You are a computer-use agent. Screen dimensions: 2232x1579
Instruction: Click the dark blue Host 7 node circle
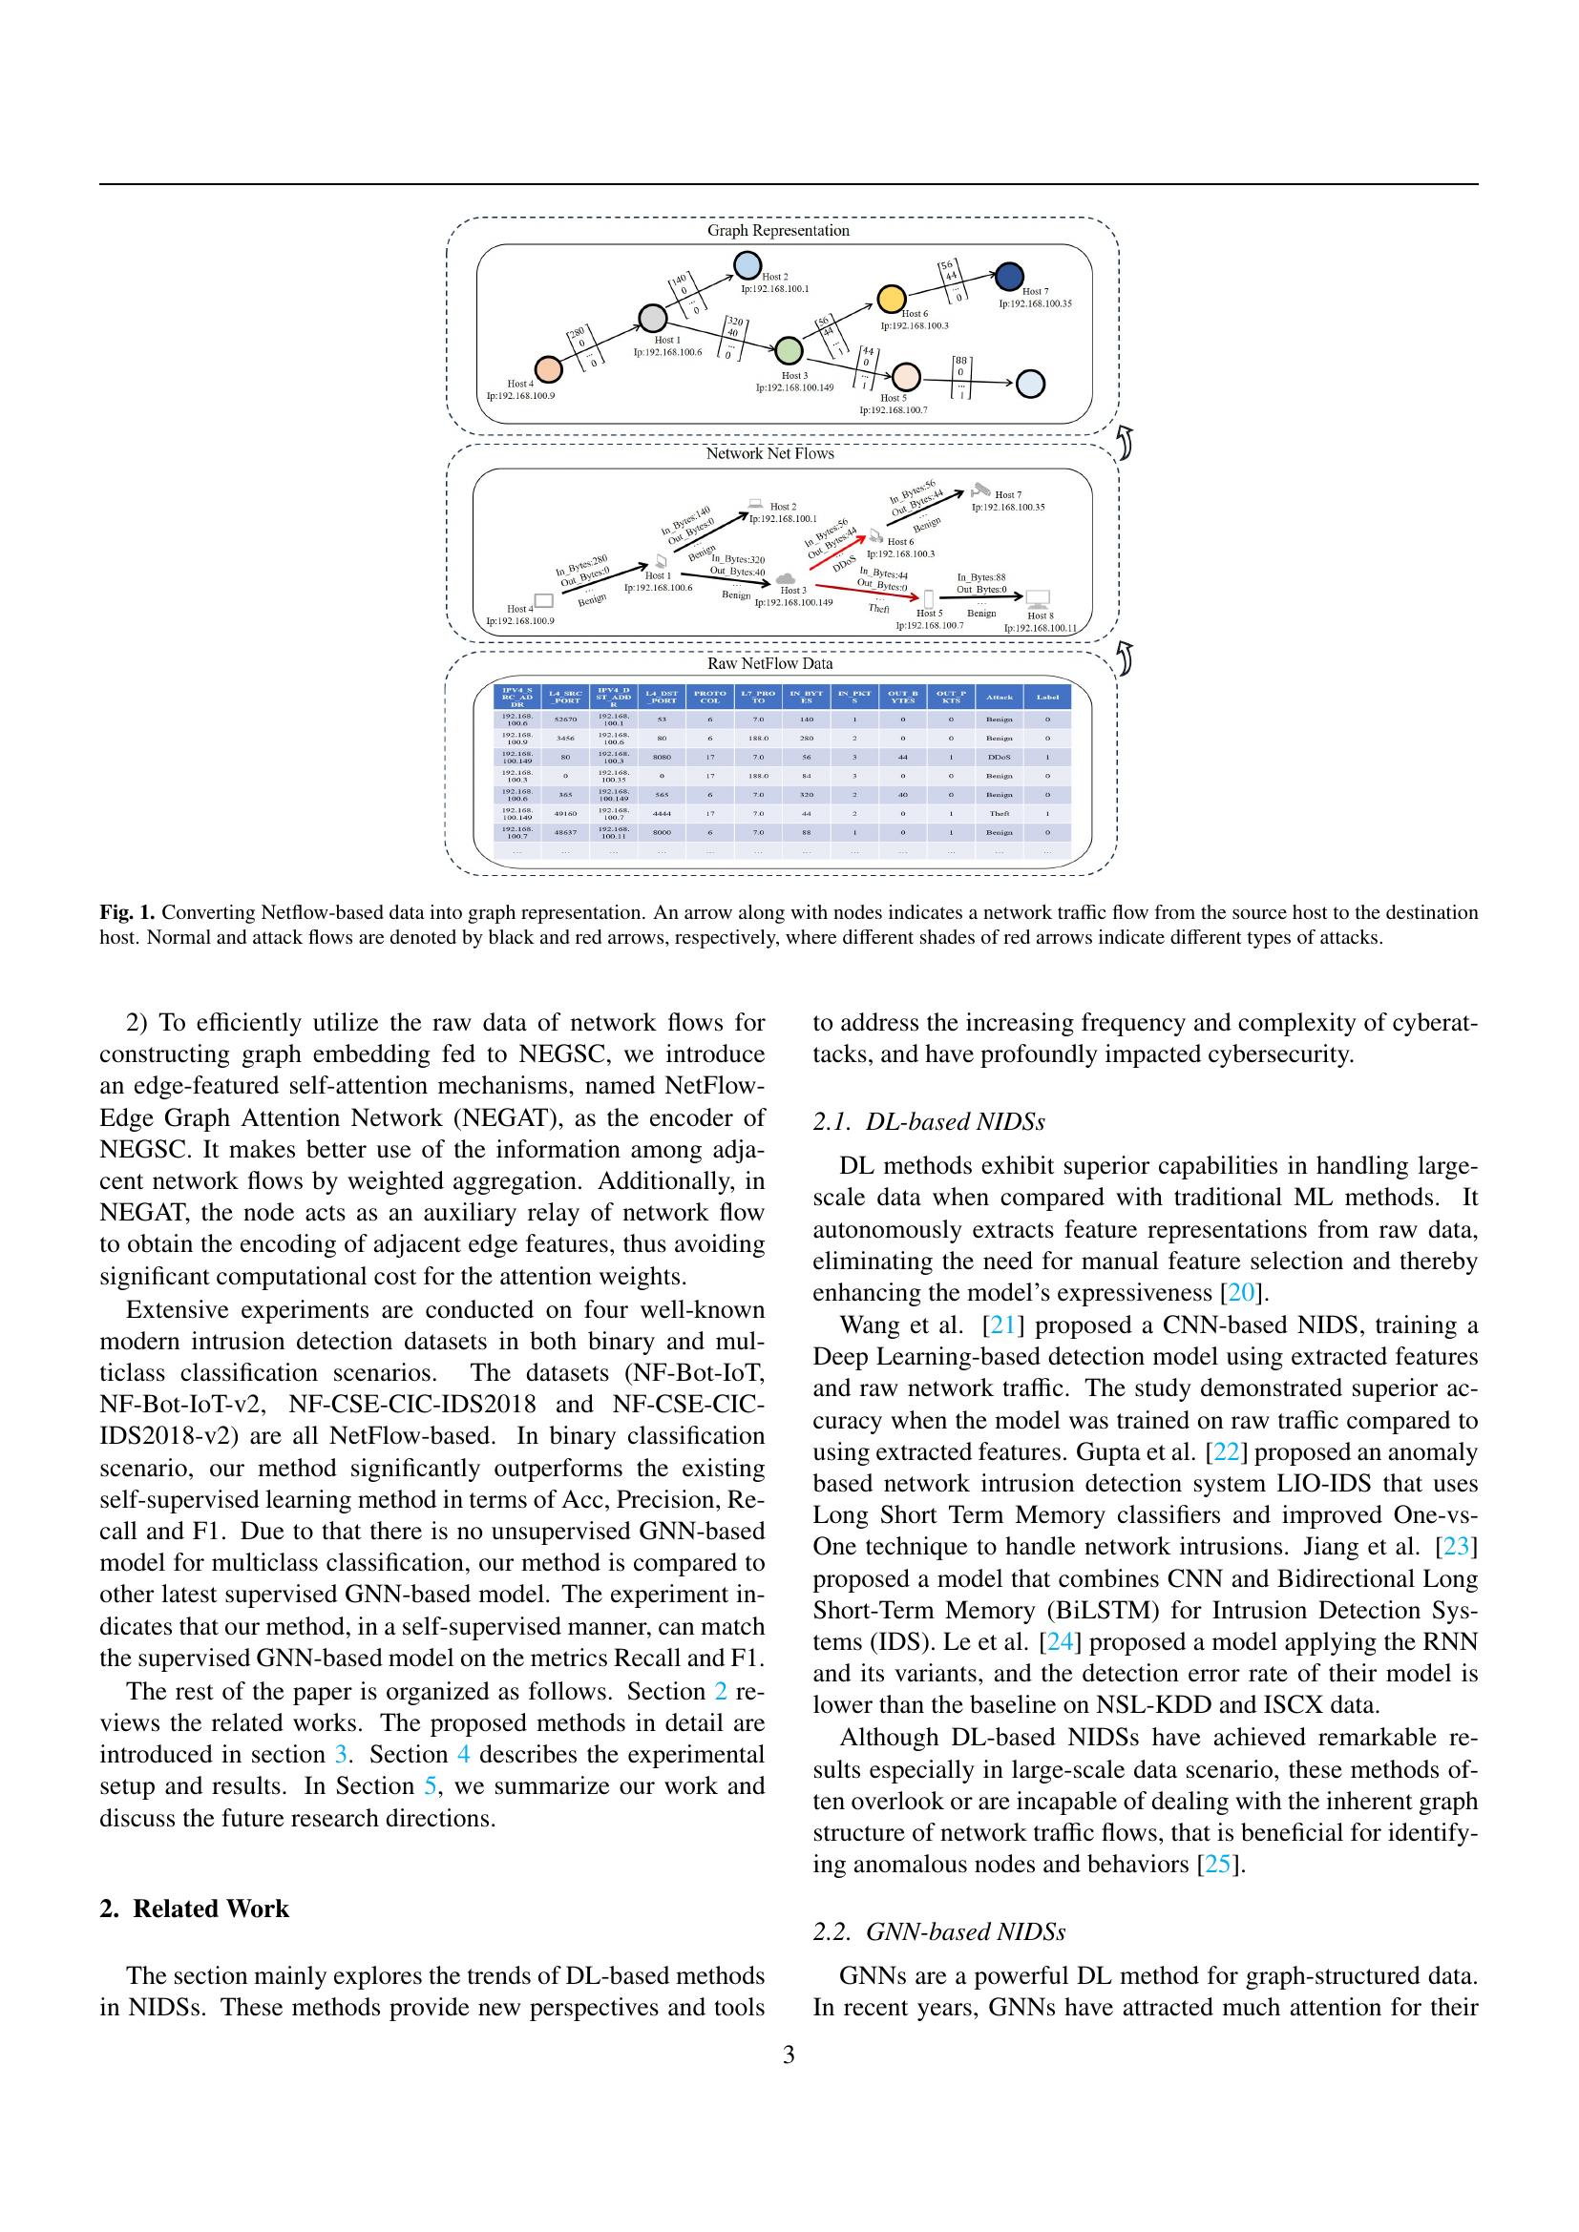[x=1009, y=277]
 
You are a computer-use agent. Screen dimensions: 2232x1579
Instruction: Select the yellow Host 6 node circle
[x=892, y=299]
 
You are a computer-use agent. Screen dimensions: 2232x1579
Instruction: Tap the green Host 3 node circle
[x=789, y=350]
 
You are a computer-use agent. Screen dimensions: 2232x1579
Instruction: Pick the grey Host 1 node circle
[x=652, y=318]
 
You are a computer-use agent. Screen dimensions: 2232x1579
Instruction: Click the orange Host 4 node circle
[x=548, y=368]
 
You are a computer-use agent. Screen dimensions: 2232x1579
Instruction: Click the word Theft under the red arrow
[x=878, y=609]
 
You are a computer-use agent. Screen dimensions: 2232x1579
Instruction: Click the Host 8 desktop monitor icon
[x=1038, y=599]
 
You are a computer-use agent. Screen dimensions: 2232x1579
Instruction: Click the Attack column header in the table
[x=999, y=696]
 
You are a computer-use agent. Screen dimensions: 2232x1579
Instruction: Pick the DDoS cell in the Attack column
[x=999, y=757]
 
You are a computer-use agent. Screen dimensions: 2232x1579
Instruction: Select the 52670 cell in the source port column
[x=565, y=720]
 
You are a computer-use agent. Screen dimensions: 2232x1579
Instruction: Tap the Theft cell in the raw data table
[x=999, y=814]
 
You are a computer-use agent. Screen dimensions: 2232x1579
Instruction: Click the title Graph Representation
[x=778, y=230]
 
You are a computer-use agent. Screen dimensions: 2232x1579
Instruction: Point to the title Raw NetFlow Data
[x=769, y=663]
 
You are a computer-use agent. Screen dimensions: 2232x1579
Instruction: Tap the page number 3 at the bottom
[x=789, y=2055]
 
